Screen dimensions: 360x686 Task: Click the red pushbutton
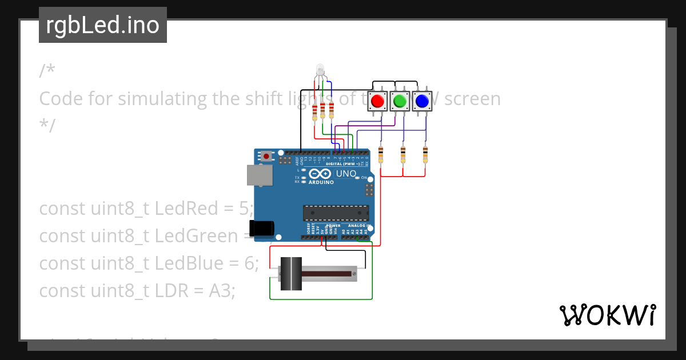pyautogui.click(x=377, y=101)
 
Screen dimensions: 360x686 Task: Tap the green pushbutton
pyautogui.click(x=400, y=101)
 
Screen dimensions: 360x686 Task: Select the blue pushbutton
pyautogui.click(x=422, y=101)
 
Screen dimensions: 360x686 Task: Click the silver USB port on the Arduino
pyautogui.click(x=259, y=175)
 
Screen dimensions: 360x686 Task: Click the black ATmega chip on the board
pyautogui.click(x=335, y=213)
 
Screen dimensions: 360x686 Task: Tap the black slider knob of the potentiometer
pyautogui.click(x=292, y=274)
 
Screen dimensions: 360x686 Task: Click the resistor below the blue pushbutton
pyautogui.click(x=425, y=154)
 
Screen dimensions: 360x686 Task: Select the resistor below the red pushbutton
pyautogui.click(x=381, y=154)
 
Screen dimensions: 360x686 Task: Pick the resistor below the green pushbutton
pyautogui.click(x=403, y=154)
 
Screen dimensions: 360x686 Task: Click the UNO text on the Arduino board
pyautogui.click(x=346, y=174)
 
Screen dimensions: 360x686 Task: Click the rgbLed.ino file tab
pyautogui.click(x=103, y=25)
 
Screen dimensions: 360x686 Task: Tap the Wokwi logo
pyautogui.click(x=608, y=315)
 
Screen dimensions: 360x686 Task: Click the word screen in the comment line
pyautogui.click(x=472, y=99)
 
